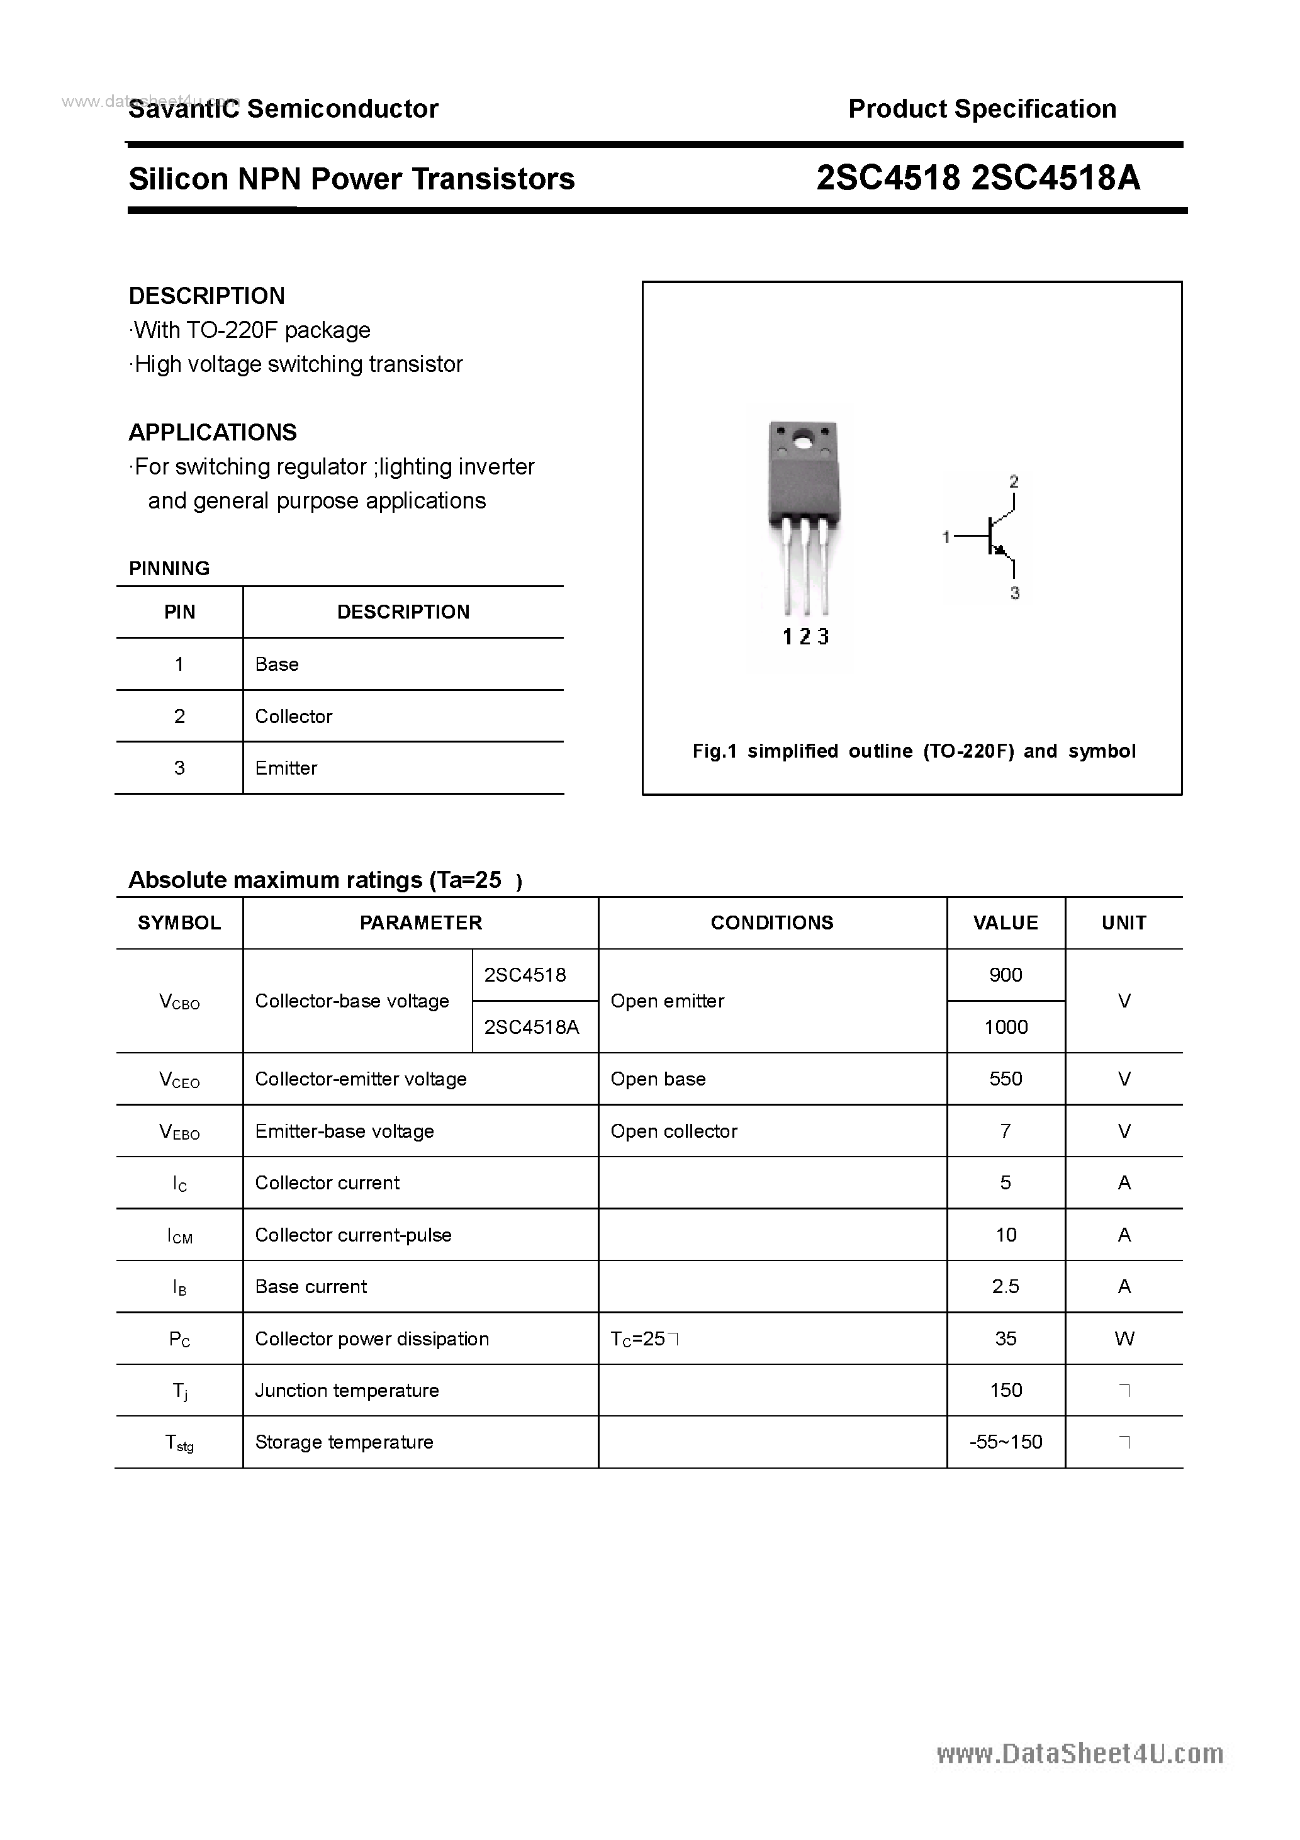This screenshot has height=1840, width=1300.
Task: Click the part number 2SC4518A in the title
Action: [1056, 179]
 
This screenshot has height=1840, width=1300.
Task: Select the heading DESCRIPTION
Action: [207, 296]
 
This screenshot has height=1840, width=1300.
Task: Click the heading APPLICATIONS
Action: [213, 433]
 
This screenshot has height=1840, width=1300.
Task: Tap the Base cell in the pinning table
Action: [276, 665]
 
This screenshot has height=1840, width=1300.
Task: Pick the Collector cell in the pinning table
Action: [293, 717]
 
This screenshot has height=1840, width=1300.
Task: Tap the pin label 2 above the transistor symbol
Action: [1014, 481]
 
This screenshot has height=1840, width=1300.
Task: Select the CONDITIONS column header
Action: [772, 923]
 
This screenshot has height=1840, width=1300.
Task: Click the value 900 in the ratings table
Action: [1006, 975]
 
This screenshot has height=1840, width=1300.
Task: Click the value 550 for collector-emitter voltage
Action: [1006, 1079]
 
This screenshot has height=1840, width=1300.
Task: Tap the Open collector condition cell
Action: [674, 1131]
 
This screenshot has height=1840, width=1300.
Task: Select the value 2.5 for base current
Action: [1006, 1287]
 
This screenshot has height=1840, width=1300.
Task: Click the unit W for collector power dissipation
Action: [1124, 1339]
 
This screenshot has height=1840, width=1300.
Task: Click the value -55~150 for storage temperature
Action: [1006, 1442]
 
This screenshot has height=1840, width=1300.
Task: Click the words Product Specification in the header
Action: [982, 109]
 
